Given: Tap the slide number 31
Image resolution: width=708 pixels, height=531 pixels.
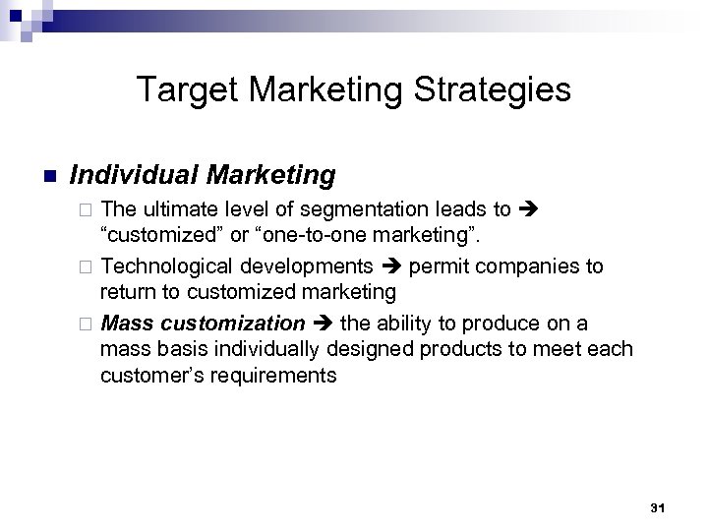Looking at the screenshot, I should [658, 508].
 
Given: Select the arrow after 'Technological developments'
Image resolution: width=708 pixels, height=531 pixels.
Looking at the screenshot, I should [390, 266].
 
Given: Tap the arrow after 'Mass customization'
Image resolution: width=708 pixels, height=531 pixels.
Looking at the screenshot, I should [323, 323].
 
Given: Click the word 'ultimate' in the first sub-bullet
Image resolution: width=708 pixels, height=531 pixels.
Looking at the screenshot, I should [180, 209].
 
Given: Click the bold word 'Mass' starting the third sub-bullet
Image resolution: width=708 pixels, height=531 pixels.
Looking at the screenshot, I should [127, 323].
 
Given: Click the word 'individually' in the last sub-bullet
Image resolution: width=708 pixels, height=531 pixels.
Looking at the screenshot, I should [237, 349].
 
